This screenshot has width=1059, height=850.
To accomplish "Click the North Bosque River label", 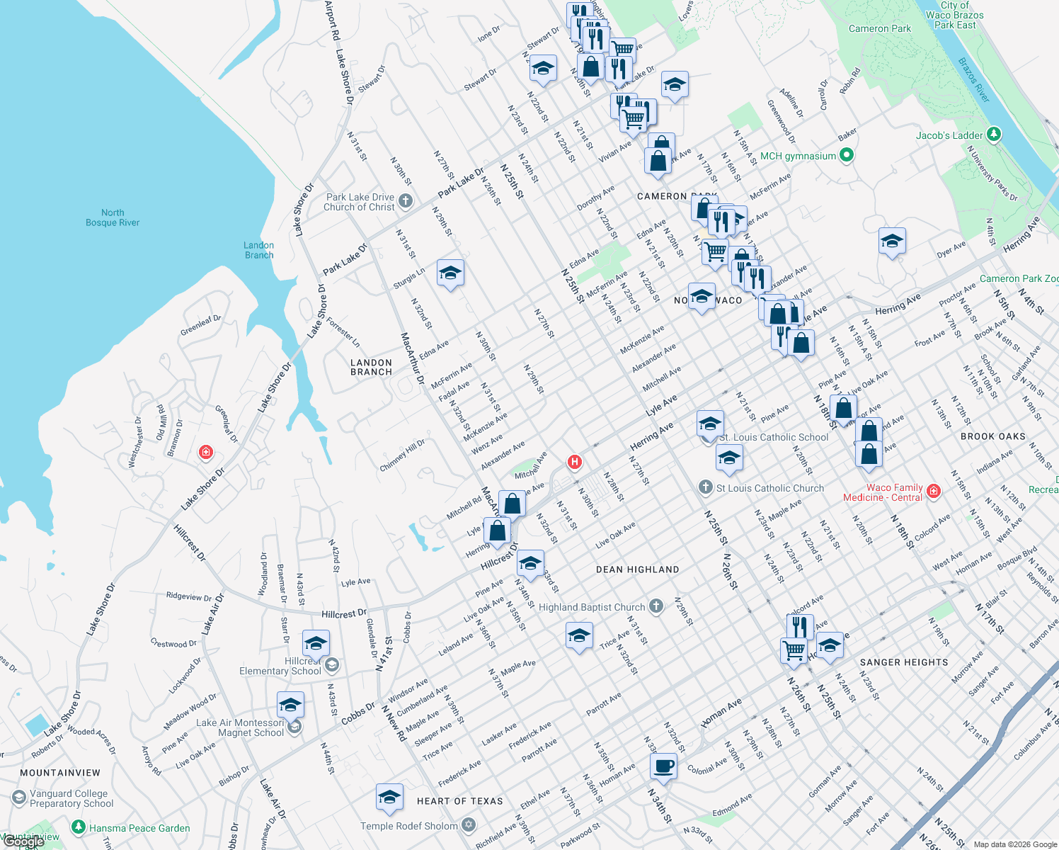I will pyautogui.click(x=113, y=217).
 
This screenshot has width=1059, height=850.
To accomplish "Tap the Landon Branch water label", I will pyautogui.click(x=259, y=250).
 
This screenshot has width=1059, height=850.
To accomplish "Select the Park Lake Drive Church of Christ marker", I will pyautogui.click(x=406, y=201).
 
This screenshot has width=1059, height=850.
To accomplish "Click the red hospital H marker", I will pyautogui.click(x=575, y=463).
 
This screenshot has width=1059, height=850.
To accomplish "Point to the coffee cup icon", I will pyautogui.click(x=663, y=766).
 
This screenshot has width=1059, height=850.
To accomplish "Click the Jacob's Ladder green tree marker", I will pyautogui.click(x=994, y=134).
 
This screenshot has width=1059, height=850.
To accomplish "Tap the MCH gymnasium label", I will pyautogui.click(x=798, y=156).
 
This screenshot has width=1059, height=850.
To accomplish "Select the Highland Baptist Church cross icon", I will pyautogui.click(x=656, y=606).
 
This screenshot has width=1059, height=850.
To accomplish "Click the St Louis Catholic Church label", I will pyautogui.click(x=770, y=488).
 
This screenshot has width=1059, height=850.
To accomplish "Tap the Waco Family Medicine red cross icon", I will pyautogui.click(x=934, y=491).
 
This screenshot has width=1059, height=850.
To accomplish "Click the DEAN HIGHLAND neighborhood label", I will pyautogui.click(x=637, y=569).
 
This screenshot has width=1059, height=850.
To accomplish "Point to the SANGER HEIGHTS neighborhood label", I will pyautogui.click(x=904, y=662).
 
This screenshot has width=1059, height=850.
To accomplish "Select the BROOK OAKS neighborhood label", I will pyautogui.click(x=992, y=436).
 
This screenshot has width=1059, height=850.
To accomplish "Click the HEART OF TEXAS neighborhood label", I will pyautogui.click(x=459, y=801).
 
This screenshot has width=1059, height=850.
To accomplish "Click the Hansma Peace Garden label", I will pyautogui.click(x=139, y=828).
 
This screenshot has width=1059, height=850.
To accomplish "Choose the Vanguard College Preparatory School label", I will pyautogui.click(x=71, y=798).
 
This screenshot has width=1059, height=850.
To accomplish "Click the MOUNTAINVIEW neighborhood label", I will pyautogui.click(x=60, y=773).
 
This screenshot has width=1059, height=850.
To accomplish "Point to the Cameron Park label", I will pyautogui.click(x=880, y=28).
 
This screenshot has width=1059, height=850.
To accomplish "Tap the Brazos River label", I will pyautogui.click(x=973, y=80).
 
